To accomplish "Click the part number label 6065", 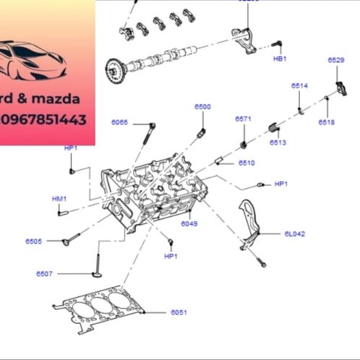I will click(119, 123).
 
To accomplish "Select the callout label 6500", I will click(202, 107).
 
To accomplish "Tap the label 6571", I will click(243, 119).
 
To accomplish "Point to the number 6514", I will click(299, 86).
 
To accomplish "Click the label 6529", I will click(335, 60).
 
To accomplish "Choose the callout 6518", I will click(326, 123).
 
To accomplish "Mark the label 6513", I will click(278, 143).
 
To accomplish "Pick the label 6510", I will click(247, 163).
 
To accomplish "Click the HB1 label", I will click(279, 58).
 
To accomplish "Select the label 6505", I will click(34, 241).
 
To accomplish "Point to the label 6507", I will click(45, 274).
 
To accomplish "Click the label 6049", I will click(189, 224).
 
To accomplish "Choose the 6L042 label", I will click(294, 233).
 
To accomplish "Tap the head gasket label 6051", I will click(179, 312).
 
